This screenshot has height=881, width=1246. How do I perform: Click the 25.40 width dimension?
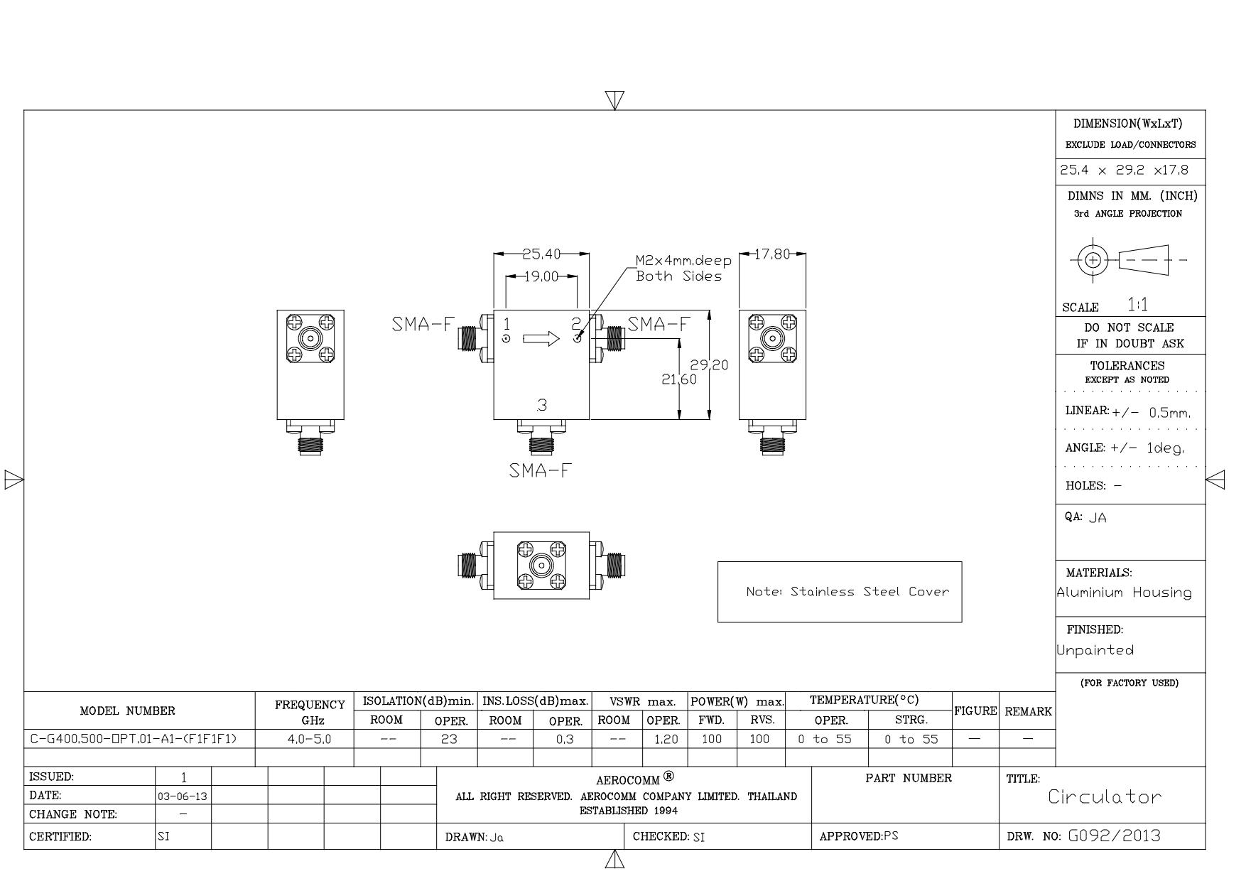[x=541, y=254]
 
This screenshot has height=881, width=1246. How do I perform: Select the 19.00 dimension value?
[x=541, y=276]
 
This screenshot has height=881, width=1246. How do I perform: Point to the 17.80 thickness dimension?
[x=772, y=254]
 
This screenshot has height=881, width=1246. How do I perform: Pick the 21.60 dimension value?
[x=680, y=379]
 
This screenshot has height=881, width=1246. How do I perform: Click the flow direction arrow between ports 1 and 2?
[x=541, y=339]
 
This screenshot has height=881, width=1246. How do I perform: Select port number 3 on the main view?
[x=542, y=405]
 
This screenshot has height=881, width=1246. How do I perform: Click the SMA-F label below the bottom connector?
[x=540, y=470]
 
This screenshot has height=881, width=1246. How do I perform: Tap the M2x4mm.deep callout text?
[x=683, y=261]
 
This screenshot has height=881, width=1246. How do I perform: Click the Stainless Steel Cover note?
[x=847, y=591]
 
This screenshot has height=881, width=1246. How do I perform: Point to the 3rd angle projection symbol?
[x=1128, y=259]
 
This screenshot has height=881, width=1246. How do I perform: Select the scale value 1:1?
[x=1138, y=305]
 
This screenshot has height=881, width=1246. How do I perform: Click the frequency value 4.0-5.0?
[x=309, y=739]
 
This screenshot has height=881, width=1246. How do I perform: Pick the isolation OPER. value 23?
[x=449, y=739]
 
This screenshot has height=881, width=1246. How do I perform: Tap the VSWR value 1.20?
[x=666, y=739]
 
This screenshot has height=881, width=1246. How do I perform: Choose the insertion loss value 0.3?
[x=565, y=739]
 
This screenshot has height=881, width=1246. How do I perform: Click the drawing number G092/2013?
[x=1115, y=836]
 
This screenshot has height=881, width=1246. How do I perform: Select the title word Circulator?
[x=1105, y=796]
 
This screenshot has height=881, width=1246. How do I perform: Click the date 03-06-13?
[x=183, y=796]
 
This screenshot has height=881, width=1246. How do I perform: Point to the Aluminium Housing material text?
[x=1125, y=593]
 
